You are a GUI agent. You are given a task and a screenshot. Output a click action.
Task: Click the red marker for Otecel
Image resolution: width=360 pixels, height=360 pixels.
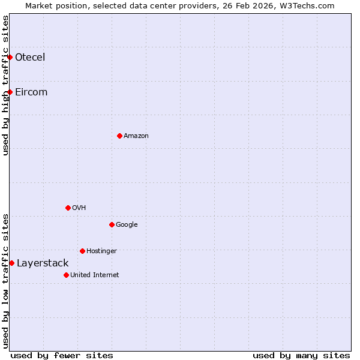pos(10,57)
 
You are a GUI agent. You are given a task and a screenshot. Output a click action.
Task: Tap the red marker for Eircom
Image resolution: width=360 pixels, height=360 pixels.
pos(10,92)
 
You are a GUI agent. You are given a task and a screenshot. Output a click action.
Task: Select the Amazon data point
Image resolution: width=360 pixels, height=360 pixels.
pos(119,136)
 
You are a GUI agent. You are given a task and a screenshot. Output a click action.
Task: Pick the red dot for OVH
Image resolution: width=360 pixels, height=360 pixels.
pos(68,208)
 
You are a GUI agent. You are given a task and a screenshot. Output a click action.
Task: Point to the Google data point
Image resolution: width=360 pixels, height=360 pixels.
pos(112,224)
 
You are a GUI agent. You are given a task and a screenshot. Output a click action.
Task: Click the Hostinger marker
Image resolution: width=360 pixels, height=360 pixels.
pos(82,251)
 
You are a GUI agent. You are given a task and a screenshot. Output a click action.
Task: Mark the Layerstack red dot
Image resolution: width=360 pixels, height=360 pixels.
pos(11,263)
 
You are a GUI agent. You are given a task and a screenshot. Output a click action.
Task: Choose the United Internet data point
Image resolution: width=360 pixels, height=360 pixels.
pos(66,275)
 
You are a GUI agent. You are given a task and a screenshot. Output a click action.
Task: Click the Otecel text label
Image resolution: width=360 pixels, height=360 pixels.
pos(30,58)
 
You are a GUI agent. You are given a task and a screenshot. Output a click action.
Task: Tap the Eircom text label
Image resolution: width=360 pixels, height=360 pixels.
pos(31,92)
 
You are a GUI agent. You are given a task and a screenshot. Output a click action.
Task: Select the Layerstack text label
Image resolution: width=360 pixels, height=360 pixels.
pos(43,263)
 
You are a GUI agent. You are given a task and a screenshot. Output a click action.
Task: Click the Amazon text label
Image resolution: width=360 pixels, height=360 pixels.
pos(136,136)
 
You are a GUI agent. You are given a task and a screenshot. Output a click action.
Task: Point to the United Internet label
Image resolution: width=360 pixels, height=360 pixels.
pos(95,275)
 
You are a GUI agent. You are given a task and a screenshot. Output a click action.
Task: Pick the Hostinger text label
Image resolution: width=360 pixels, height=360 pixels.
pos(101,251)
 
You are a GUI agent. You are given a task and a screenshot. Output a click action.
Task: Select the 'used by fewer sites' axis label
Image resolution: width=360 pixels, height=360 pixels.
pos(62,355)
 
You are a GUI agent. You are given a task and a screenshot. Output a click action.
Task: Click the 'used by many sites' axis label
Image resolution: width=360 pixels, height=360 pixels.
pos(301,355)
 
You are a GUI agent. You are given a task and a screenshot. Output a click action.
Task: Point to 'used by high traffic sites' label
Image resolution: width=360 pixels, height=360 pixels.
pos(6,85)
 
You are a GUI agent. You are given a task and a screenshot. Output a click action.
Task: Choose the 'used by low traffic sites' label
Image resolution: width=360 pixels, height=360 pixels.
pos(6,281)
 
